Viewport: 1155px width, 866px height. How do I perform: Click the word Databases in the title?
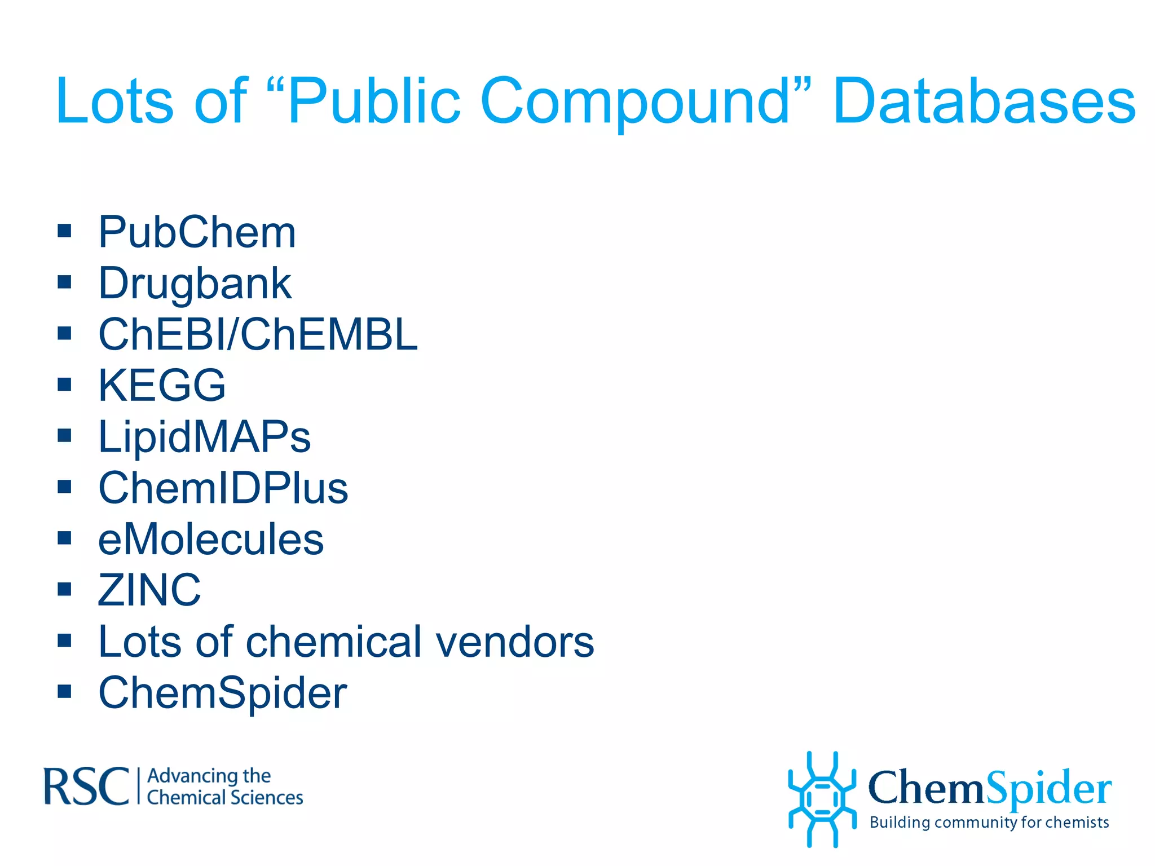pyautogui.click(x=984, y=101)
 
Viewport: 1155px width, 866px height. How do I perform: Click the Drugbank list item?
pyautogui.click(x=195, y=283)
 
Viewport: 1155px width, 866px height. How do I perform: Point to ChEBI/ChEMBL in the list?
pyautogui.click(x=258, y=334)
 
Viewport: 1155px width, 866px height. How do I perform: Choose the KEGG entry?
pyautogui.click(x=162, y=386)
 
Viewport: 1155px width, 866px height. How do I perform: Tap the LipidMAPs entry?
pyautogui.click(x=204, y=437)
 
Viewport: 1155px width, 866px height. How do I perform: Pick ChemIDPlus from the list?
pyautogui.click(x=223, y=488)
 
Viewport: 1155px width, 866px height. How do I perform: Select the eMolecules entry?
pyautogui.click(x=211, y=540)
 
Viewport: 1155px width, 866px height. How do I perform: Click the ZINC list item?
pyautogui.click(x=149, y=590)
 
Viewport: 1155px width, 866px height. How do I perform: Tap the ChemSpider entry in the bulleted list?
pyautogui.click(x=223, y=693)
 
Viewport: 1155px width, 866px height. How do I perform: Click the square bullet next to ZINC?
pyautogui.click(x=64, y=589)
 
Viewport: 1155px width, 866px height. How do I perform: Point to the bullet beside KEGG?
pyautogui.click(x=64, y=384)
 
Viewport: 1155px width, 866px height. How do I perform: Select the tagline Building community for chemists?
pyautogui.click(x=989, y=823)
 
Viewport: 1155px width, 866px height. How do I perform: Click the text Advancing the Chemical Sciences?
pyautogui.click(x=224, y=787)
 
